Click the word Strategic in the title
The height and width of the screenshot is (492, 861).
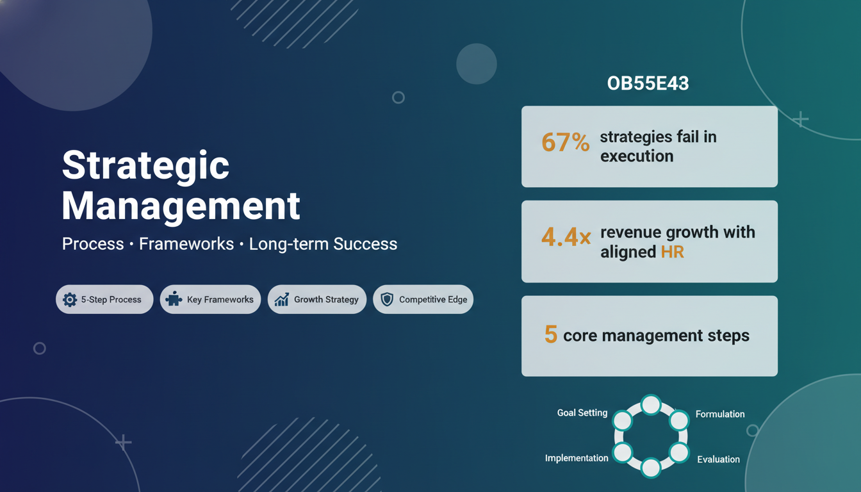145,165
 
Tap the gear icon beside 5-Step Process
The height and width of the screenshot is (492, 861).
70,299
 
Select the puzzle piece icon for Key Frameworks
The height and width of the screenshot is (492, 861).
174,299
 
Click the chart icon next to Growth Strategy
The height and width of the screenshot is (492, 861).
282,299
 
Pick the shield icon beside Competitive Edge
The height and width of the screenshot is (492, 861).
387,299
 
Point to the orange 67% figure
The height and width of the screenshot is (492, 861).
566,142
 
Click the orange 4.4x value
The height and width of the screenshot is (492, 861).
566,236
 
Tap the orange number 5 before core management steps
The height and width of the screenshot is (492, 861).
551,334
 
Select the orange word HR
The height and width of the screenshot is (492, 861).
672,252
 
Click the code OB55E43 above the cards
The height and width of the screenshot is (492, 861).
648,83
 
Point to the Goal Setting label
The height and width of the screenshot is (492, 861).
582,413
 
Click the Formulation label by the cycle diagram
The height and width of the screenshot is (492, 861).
720,414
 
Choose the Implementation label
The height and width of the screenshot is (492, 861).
577,458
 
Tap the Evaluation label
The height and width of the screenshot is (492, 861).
718,459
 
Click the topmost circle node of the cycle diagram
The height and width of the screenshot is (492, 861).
651,405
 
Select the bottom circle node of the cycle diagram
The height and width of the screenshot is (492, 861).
651,468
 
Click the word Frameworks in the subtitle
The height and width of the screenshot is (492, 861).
186,243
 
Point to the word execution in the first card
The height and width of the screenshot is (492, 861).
637,156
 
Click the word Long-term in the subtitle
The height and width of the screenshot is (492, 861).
288,244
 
